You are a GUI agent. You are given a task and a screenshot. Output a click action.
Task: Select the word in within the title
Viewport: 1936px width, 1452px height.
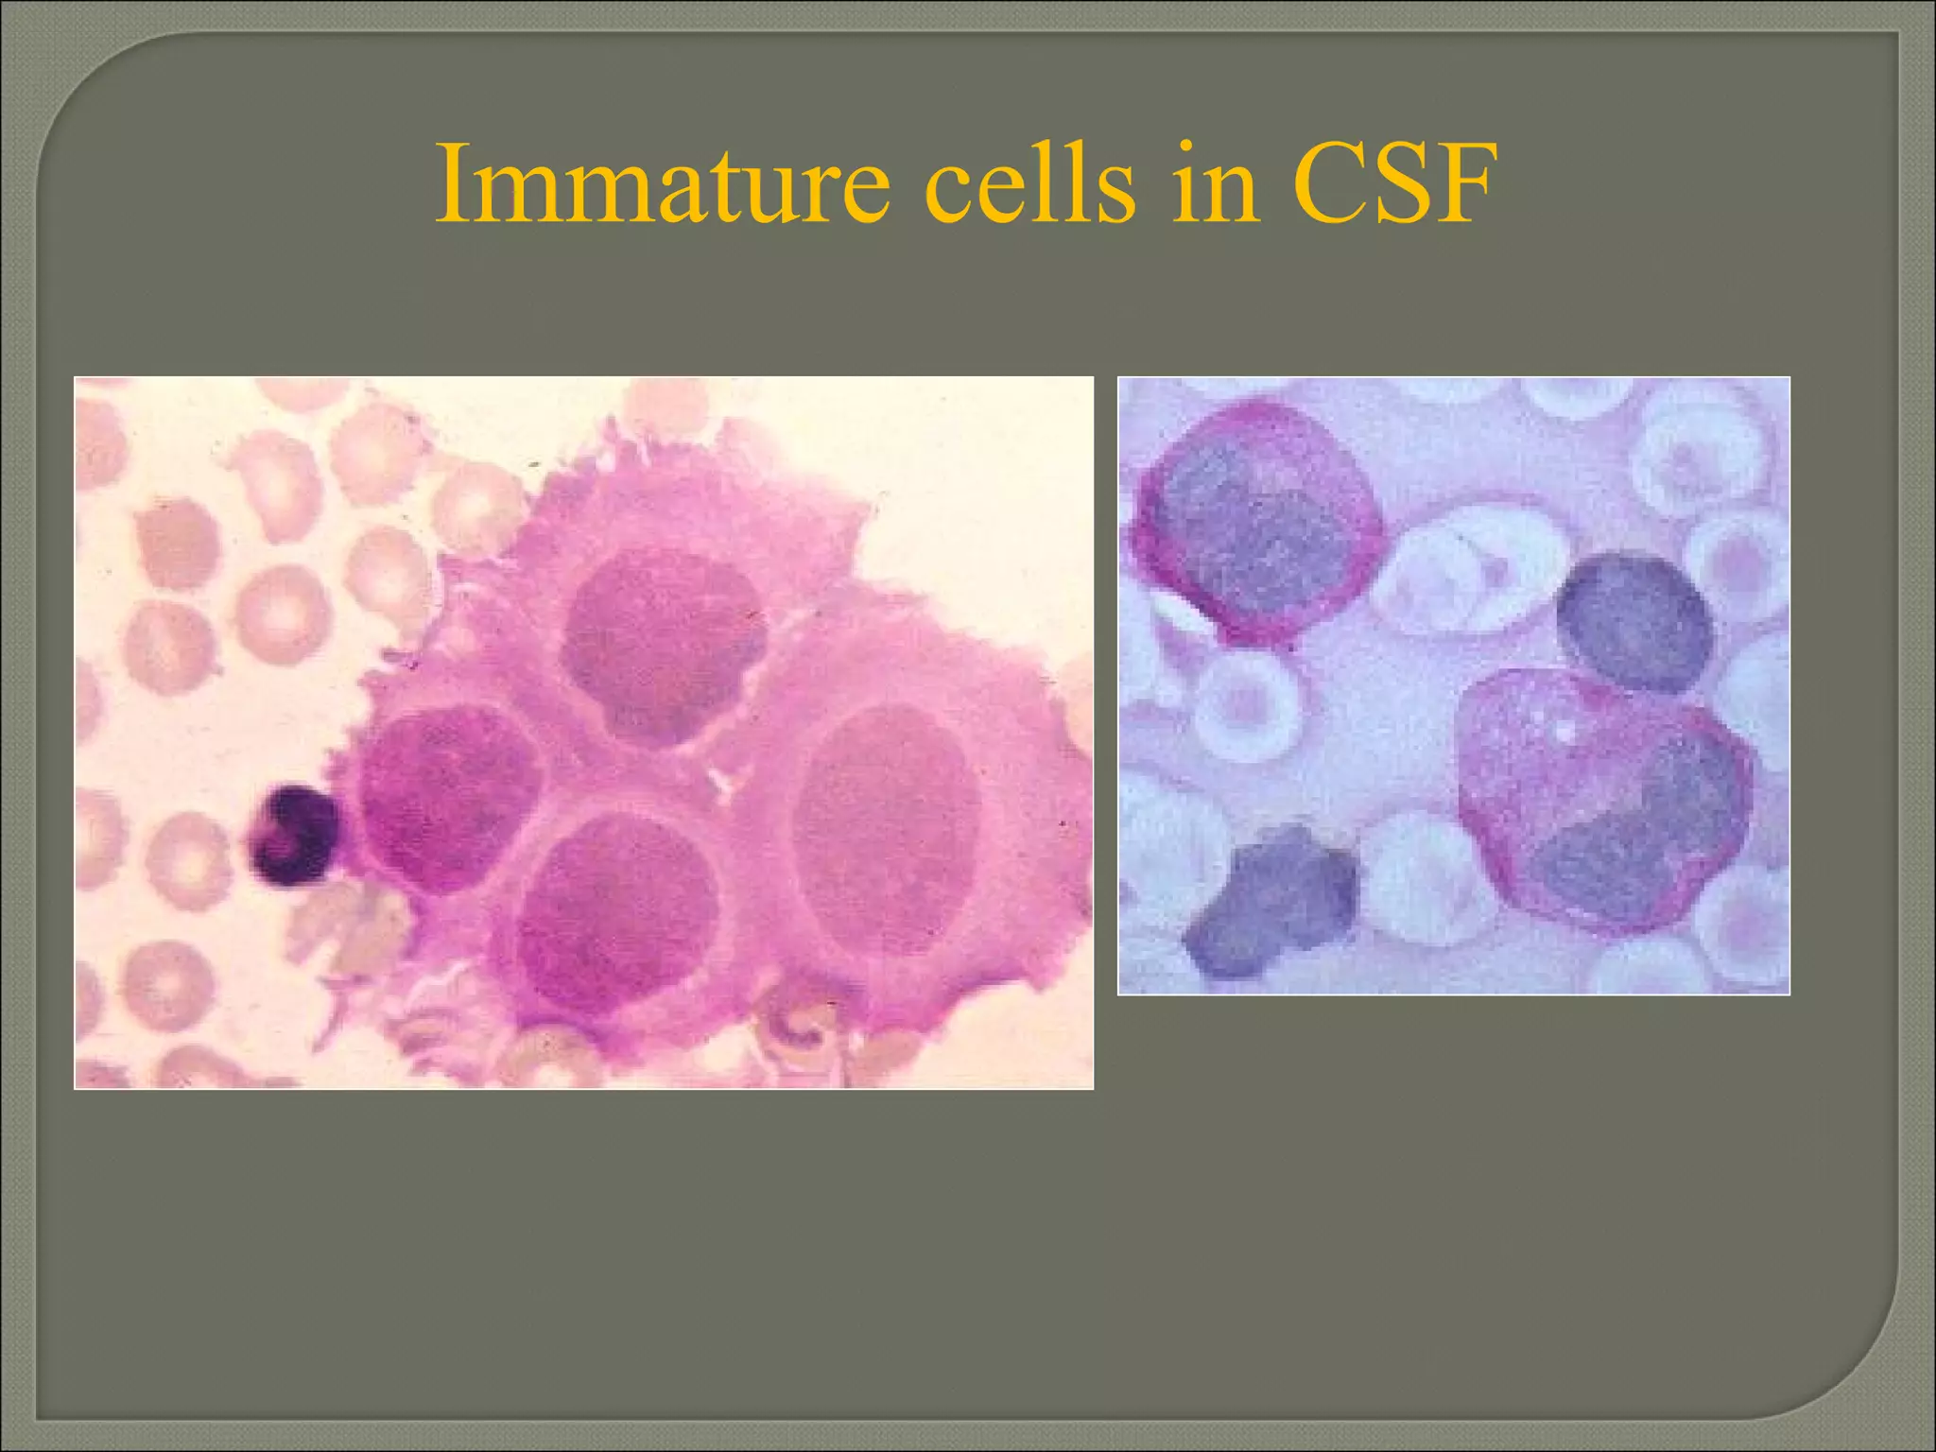(1214, 185)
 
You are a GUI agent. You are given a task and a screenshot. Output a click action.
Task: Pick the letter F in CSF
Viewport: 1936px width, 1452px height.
(1465, 185)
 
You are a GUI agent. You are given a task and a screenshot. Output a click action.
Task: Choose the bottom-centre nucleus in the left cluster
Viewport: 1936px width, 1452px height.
(614, 912)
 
